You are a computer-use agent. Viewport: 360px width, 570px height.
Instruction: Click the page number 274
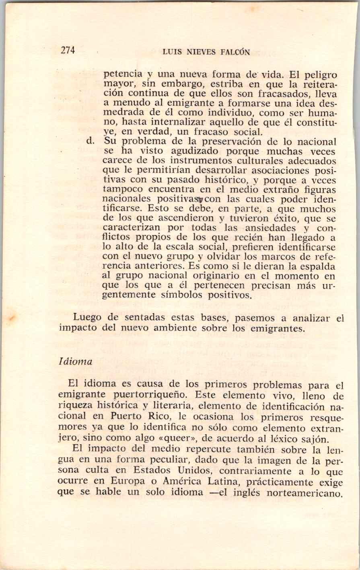click(x=68, y=50)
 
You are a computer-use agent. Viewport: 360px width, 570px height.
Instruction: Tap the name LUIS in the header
click(x=171, y=52)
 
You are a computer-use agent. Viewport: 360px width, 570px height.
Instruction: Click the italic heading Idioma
click(x=75, y=362)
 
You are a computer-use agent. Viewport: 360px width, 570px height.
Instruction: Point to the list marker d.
click(x=90, y=141)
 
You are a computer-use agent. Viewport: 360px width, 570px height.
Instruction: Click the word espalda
click(x=317, y=266)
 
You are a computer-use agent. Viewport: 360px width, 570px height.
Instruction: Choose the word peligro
click(x=318, y=75)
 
